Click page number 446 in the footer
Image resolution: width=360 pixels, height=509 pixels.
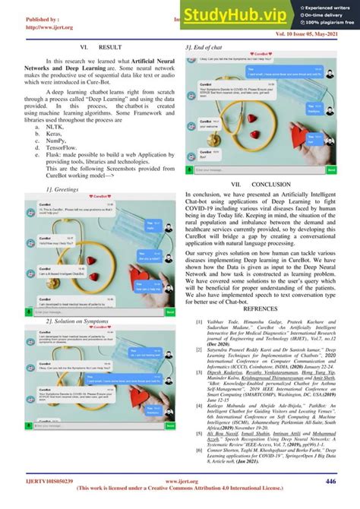click(x=330, y=481)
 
